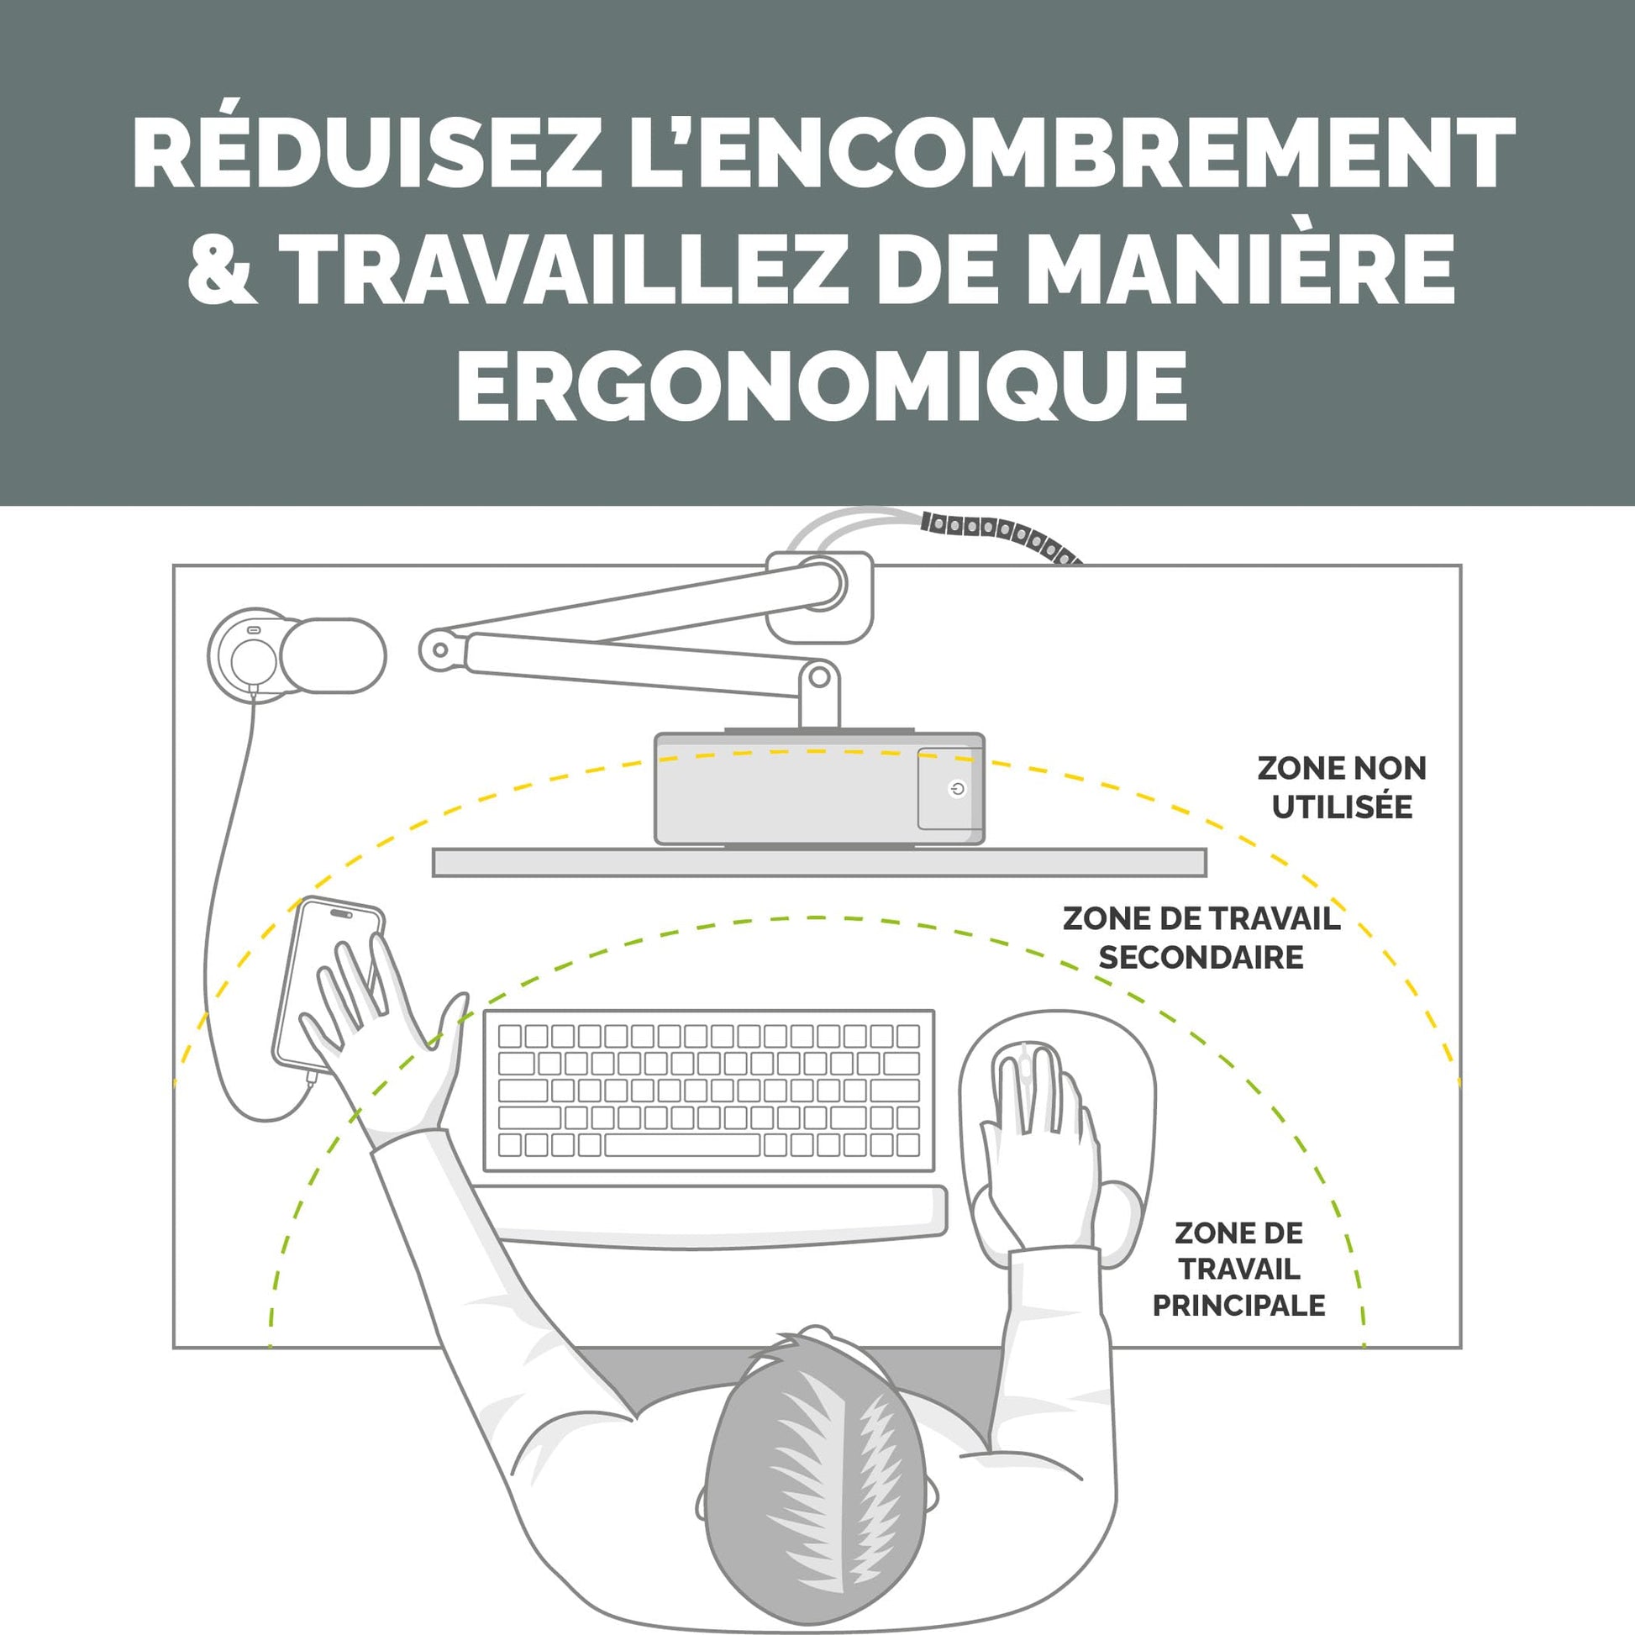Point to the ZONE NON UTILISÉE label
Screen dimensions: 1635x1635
tap(1341, 787)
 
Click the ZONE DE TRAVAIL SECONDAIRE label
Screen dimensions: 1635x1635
tap(1201, 938)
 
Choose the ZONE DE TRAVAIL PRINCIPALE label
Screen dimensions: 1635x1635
tap(1238, 1269)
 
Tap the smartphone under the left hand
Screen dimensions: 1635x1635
tap(329, 986)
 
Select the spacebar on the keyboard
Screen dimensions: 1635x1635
tap(682, 1145)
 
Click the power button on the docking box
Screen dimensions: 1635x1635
tap(957, 790)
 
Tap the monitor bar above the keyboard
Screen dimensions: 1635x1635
tap(819, 862)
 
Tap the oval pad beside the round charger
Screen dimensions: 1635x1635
tap(334, 656)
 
